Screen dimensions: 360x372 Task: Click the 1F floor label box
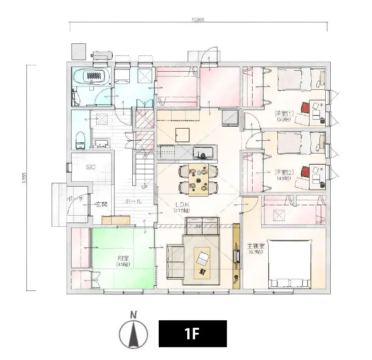(193, 334)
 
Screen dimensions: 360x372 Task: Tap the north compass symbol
(133, 331)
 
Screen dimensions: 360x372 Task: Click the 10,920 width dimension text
(198, 19)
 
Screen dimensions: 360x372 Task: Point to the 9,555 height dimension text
(24, 178)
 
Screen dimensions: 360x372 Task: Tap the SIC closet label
(91, 167)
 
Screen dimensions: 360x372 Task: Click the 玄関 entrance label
(102, 204)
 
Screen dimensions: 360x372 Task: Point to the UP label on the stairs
(144, 187)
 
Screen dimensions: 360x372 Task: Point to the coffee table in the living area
(202, 261)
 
